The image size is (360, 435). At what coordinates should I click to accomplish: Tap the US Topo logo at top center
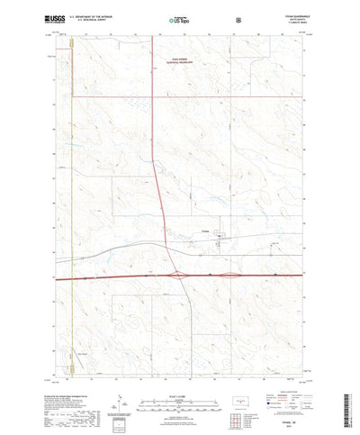(x=177, y=18)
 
